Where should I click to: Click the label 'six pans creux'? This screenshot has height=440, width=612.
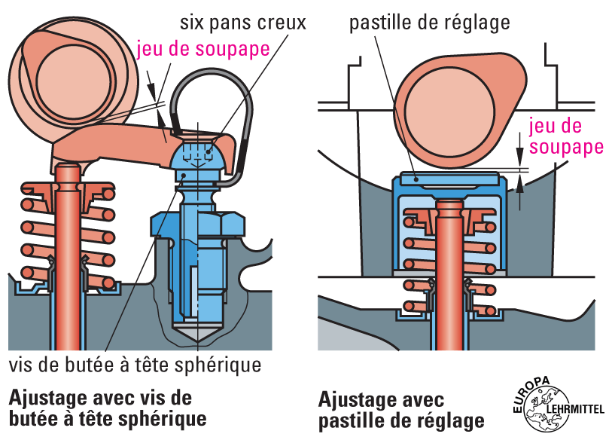pos(242,22)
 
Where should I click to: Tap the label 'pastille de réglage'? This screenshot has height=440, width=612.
pos(429,22)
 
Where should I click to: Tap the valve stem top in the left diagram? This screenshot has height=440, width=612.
pos(67,173)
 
